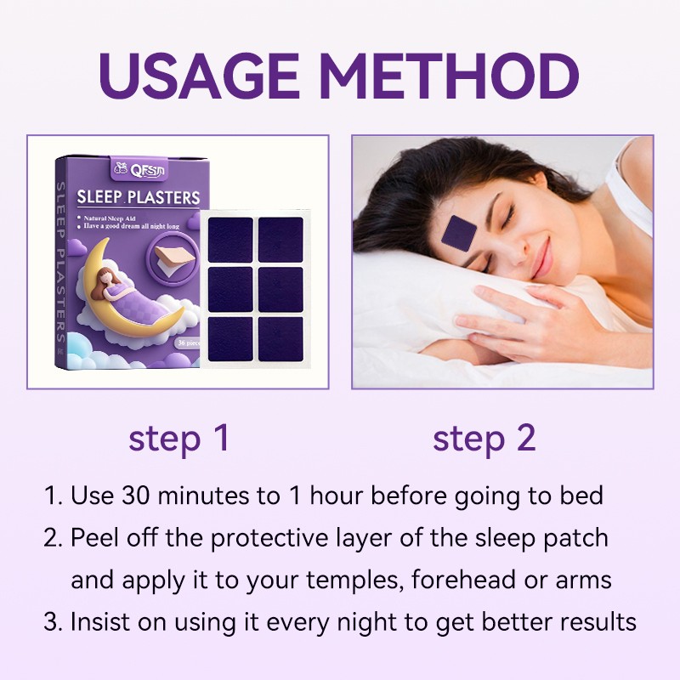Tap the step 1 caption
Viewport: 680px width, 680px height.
tap(179, 439)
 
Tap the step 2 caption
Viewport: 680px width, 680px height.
tap(484, 439)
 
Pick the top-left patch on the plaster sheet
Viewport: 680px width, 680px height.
tap(230, 239)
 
